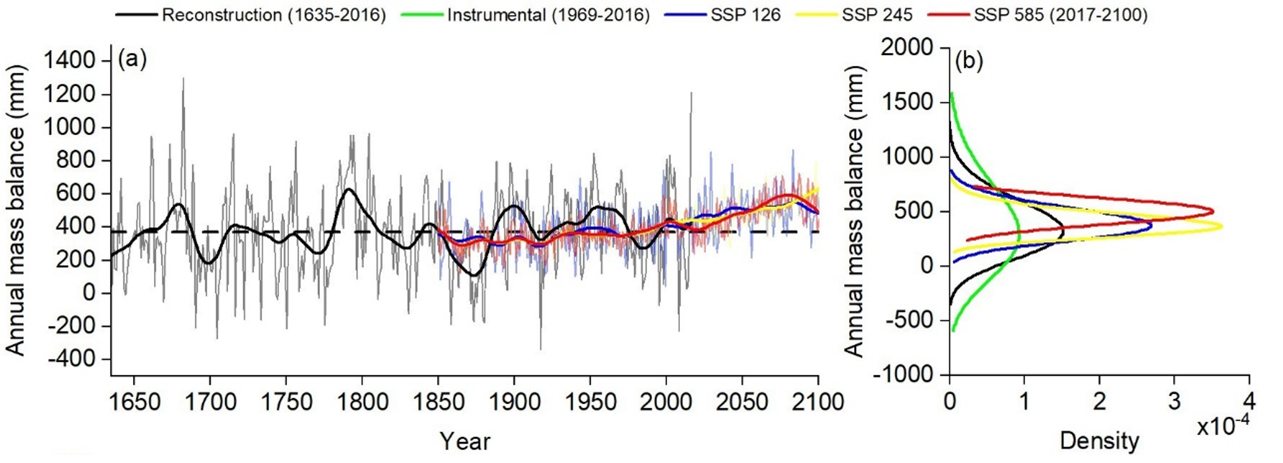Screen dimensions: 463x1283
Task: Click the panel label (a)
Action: pyautogui.click(x=132, y=60)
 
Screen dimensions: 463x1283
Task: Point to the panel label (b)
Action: pyautogui.click(x=969, y=61)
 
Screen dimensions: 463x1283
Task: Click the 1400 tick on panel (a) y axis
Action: pyautogui.click(x=68, y=61)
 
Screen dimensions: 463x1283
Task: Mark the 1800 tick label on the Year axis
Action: pyautogui.click(x=362, y=402)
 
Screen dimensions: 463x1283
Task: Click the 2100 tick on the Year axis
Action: pyautogui.click(x=818, y=402)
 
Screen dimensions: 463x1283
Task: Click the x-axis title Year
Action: pyautogui.click(x=465, y=441)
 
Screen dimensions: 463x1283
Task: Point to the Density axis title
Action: pyautogui.click(x=1099, y=440)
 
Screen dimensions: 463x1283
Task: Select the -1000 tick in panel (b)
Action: pyautogui.click(x=902, y=374)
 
